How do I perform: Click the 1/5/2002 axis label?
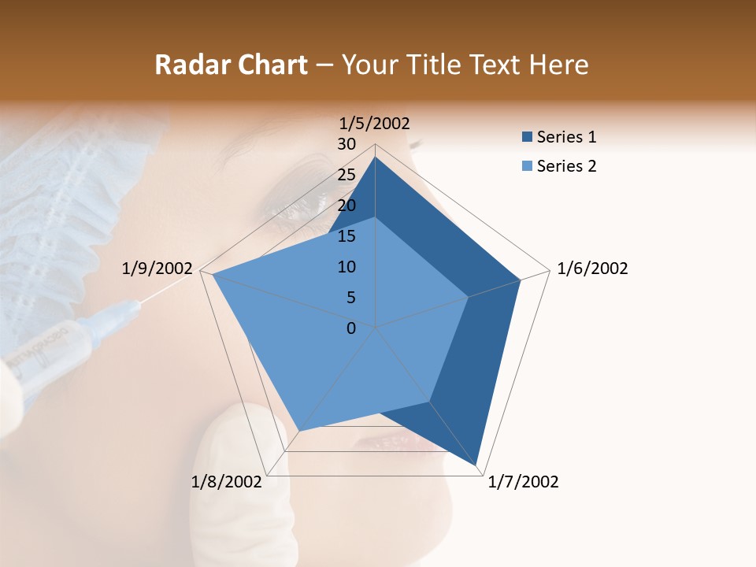pyautogui.click(x=375, y=123)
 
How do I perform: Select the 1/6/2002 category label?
pyautogui.click(x=592, y=269)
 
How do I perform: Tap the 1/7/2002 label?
pyautogui.click(x=523, y=482)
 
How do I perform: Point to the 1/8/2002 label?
pyautogui.click(x=227, y=482)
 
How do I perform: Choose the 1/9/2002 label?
pyautogui.click(x=157, y=269)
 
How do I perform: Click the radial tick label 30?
pyautogui.click(x=346, y=144)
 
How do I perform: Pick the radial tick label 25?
pyautogui.click(x=346, y=175)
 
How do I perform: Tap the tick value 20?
pyautogui.click(x=346, y=206)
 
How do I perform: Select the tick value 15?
pyautogui.click(x=346, y=236)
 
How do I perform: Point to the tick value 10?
pyautogui.click(x=346, y=267)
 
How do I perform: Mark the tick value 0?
pyautogui.click(x=351, y=328)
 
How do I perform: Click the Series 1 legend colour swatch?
pyautogui.click(x=527, y=137)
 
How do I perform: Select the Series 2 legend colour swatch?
pyautogui.click(x=527, y=166)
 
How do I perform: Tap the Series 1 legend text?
pyautogui.click(x=566, y=137)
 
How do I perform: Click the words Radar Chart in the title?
pyautogui.click(x=231, y=65)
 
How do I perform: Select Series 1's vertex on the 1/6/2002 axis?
pyautogui.click(x=521, y=280)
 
